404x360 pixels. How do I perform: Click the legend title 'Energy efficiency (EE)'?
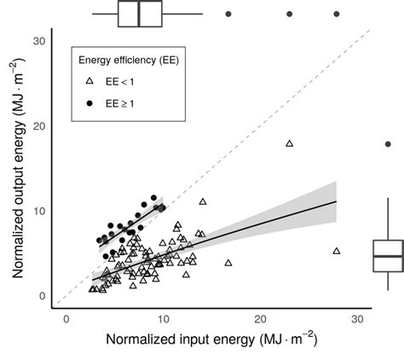point(128,60)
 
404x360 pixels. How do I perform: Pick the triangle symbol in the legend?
point(89,82)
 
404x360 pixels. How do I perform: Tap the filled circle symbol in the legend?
point(89,102)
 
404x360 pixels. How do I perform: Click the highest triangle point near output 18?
point(290,143)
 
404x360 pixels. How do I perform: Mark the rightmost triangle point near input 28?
point(337,251)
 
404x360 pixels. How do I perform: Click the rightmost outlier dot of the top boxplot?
point(337,15)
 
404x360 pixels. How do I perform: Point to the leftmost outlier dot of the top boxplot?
point(228,15)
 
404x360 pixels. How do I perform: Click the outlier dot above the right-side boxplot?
point(389,144)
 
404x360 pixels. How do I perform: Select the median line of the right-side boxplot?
point(389,255)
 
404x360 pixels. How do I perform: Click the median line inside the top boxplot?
point(138,15)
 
